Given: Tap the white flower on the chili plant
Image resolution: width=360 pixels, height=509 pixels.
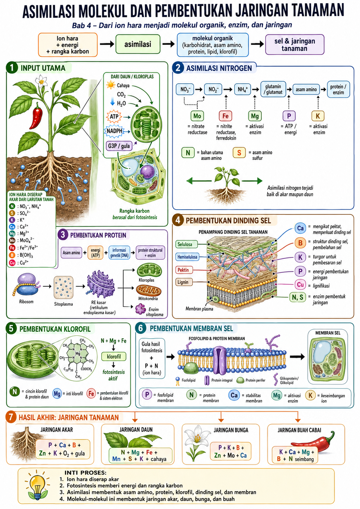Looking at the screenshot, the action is point(41,81).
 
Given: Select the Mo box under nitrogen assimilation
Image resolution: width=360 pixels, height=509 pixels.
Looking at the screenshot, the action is point(197,116).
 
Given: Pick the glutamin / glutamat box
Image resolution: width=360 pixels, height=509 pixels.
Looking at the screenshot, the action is point(273,89).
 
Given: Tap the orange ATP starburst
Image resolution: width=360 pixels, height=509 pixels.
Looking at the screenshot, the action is point(114,117).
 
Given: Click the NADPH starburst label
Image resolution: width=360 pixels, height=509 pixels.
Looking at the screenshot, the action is point(114,131).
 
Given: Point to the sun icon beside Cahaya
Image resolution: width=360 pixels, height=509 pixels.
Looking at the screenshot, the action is point(111,85).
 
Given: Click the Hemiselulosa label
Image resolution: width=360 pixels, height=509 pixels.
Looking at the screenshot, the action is point(187,257).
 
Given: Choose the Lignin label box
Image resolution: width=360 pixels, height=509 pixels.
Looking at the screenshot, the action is point(183,282).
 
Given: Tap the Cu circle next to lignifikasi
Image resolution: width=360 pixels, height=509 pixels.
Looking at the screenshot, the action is point(300,284).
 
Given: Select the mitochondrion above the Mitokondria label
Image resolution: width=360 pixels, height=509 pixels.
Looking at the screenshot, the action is point(148,290).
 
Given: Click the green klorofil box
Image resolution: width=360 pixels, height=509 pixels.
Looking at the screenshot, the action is point(114,356).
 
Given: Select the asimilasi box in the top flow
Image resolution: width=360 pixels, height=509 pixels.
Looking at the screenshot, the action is point(138,44).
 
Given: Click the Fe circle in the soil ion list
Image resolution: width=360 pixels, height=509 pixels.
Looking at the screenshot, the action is point(12,248).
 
